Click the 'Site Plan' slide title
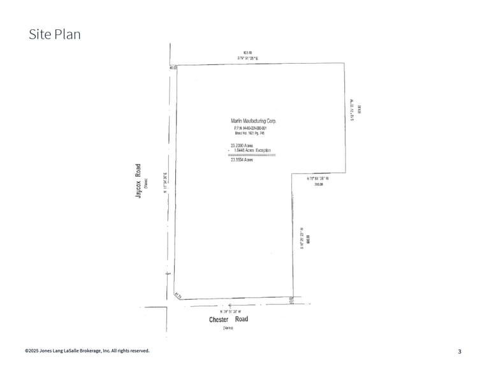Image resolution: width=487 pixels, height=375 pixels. [x=55, y=34]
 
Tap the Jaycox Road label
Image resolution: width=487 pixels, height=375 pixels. [x=138, y=181]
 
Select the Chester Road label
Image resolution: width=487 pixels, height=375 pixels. [x=228, y=319]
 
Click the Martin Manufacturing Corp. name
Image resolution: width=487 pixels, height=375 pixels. [x=253, y=121]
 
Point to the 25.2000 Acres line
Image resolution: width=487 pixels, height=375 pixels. [x=242, y=145]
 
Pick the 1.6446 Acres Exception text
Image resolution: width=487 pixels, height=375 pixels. [x=251, y=150]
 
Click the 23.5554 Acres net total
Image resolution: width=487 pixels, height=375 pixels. [x=242, y=159]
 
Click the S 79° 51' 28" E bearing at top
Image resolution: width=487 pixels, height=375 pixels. [x=248, y=58]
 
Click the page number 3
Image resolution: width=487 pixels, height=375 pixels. [x=460, y=351]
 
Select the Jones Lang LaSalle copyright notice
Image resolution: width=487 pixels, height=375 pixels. [x=87, y=351]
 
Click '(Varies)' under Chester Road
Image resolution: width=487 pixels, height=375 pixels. [x=228, y=328]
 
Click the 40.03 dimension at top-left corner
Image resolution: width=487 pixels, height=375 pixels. [x=173, y=67]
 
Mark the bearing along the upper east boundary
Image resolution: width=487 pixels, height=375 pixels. [x=352, y=109]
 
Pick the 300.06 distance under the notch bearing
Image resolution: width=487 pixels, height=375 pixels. [x=319, y=184]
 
